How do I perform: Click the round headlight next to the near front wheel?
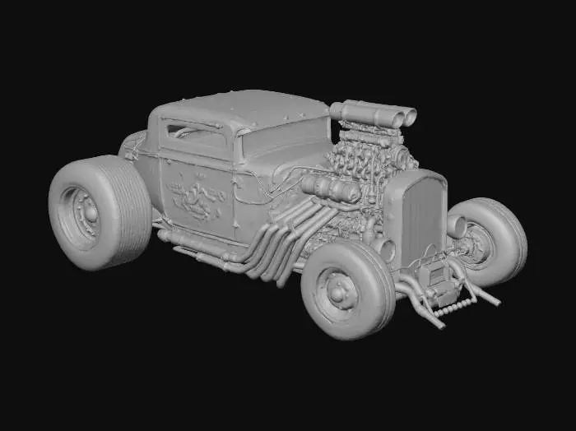(x=383, y=249)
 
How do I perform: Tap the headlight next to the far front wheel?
(x=455, y=225)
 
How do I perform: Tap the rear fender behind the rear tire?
(x=132, y=148)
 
